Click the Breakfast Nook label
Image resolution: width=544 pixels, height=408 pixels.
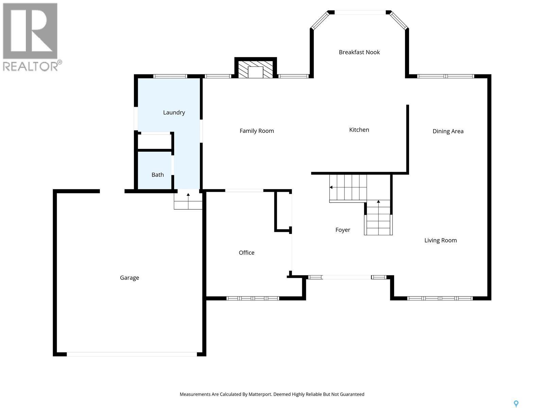(359, 52)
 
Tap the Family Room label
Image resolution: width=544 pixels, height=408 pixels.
(257, 131)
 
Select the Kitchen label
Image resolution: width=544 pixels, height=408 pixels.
(359, 130)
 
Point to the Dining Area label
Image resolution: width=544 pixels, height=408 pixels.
(448, 131)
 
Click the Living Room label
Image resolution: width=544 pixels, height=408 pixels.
(440, 240)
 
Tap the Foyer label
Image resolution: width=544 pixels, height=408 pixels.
(343, 230)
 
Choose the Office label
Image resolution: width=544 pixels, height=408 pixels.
(247, 253)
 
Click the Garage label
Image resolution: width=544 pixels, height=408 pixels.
(130, 278)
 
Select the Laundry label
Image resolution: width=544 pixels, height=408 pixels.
(174, 113)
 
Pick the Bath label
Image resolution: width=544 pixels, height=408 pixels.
(157, 175)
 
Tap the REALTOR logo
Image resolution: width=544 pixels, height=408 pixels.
(31, 37)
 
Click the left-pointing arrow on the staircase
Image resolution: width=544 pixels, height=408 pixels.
(331, 187)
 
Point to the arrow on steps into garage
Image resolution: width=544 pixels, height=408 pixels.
(188, 195)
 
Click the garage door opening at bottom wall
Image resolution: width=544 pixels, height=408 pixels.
(132, 354)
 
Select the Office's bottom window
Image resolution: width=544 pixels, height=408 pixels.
(253, 298)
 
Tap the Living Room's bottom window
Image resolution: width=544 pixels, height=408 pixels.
(440, 298)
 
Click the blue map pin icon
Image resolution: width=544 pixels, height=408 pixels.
(516, 404)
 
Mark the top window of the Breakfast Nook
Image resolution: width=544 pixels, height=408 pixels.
(360, 12)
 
